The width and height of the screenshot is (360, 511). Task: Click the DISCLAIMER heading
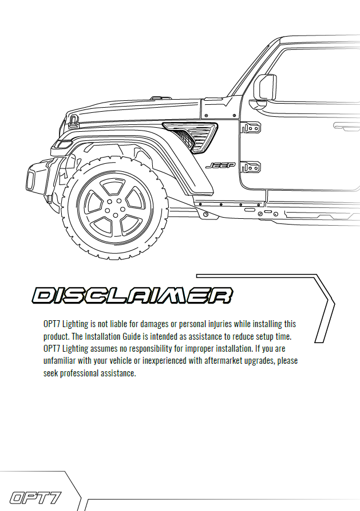coord(132,296)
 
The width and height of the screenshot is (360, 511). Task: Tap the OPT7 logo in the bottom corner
coord(35,498)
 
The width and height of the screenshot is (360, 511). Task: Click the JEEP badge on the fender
coord(220,166)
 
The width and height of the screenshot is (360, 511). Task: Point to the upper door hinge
coord(251,128)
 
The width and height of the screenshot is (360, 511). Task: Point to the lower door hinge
coord(251,167)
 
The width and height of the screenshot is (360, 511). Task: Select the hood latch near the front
coord(74,121)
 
